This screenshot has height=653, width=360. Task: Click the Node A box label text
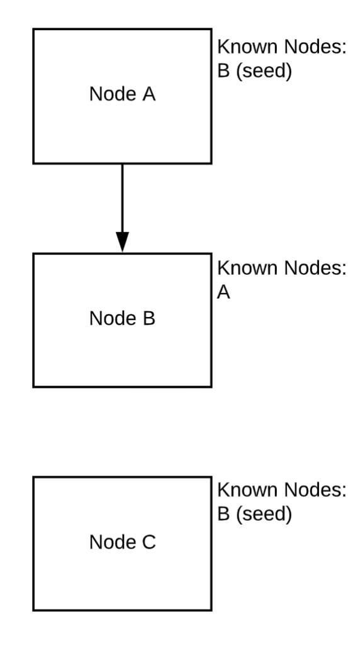(122, 94)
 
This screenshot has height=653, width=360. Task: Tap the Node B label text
(122, 318)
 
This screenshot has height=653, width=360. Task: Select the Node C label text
(122, 542)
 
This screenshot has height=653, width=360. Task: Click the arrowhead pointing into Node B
(122, 242)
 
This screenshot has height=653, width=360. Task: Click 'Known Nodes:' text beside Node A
(282, 47)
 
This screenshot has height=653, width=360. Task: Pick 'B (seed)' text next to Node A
(255, 71)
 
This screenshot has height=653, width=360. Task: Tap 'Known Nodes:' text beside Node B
(282, 268)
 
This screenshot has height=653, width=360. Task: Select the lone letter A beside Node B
(223, 293)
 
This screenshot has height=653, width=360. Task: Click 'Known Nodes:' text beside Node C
(282, 489)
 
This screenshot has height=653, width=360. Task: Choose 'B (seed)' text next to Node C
(255, 514)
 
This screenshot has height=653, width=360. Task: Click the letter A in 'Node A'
(149, 94)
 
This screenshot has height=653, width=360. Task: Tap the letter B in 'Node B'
(149, 318)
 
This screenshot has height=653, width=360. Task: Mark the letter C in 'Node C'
(149, 542)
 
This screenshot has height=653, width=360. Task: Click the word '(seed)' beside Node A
(264, 71)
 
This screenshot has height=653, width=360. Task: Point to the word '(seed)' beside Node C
(264, 515)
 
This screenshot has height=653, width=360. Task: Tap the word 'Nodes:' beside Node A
(315, 47)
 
